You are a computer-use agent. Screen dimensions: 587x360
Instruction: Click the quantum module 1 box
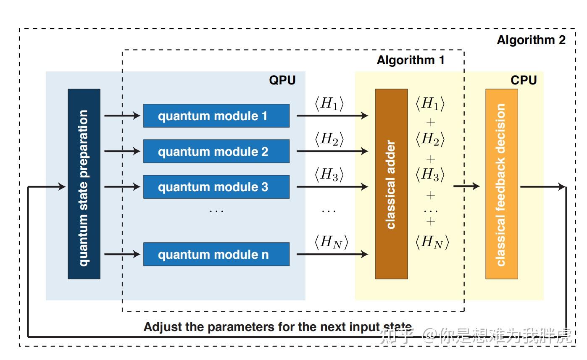[216, 116]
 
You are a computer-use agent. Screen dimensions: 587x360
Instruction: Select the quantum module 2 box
[216, 151]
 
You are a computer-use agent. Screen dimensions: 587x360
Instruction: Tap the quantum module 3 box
[216, 187]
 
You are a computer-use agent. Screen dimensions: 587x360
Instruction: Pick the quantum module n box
[216, 254]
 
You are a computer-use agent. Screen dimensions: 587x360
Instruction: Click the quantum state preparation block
[84, 184]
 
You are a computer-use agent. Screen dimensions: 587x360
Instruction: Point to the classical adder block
[392, 184]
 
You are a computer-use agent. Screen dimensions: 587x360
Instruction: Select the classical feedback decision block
[502, 184]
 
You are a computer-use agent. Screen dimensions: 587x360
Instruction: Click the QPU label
[282, 80]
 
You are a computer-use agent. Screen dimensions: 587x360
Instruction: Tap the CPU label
[524, 80]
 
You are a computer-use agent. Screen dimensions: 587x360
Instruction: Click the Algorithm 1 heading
[411, 60]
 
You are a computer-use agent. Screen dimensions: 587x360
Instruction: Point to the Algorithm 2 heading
[531, 40]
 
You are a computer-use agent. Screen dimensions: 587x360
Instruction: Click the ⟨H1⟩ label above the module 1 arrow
[329, 103]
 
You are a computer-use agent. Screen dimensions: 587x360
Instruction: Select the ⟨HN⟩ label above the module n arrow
[331, 242]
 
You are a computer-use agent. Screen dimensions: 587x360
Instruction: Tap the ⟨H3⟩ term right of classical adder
[430, 174]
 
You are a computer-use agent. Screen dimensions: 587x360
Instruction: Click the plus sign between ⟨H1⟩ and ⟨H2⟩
[431, 122]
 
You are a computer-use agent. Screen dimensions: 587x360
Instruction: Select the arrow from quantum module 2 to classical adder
[332, 151]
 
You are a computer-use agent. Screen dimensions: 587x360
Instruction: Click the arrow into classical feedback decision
[466, 186]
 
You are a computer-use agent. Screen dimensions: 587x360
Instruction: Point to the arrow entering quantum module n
[122, 254]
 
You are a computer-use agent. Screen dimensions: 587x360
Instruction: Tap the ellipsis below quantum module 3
[216, 211]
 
